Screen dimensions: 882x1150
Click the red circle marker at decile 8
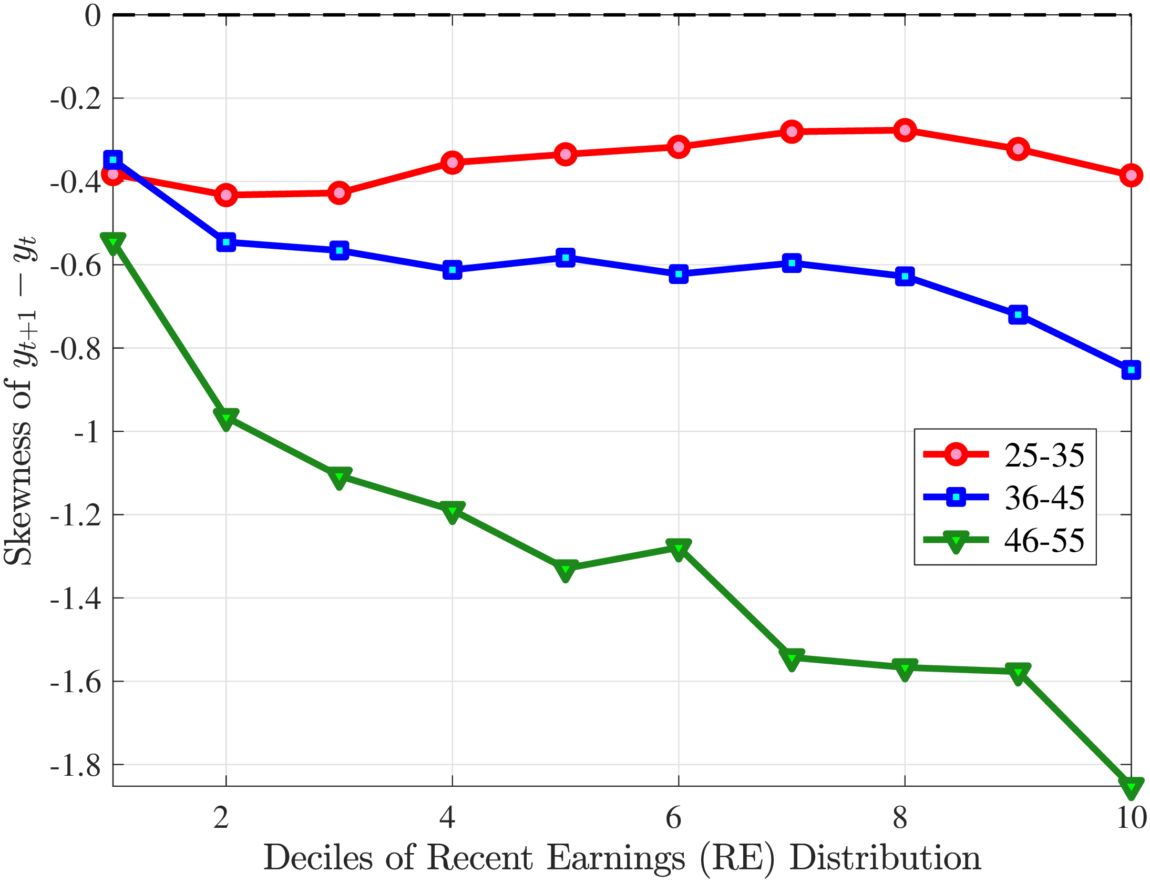click(x=905, y=130)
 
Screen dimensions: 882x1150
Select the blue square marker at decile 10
click(x=1131, y=370)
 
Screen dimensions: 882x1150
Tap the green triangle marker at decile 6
click(x=679, y=549)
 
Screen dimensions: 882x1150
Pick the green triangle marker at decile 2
click(x=226, y=418)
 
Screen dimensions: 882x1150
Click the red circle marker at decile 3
click(x=339, y=193)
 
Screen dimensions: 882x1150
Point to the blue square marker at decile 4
click(x=452, y=270)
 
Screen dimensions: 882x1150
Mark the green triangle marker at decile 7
click(x=792, y=658)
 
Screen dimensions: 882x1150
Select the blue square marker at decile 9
click(x=1018, y=315)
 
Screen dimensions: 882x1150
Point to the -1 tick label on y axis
click(x=87, y=432)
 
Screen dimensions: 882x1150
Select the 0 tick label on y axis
click(x=93, y=16)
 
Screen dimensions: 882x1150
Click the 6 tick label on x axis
click(x=674, y=818)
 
